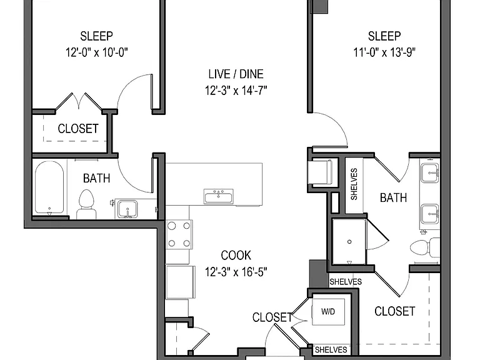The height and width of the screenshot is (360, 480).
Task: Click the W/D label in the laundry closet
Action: click(328, 312)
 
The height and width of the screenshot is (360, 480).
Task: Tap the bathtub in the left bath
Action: click(49, 187)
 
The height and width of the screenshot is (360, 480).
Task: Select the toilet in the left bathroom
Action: click(86, 204)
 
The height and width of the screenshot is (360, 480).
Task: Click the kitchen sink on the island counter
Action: click(219, 196)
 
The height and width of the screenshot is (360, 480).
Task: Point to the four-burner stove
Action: click(179, 234)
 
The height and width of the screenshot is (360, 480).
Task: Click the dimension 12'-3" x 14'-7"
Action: click(236, 90)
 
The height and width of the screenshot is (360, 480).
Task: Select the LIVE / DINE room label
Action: click(236, 74)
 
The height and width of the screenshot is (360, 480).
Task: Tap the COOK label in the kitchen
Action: click(236, 255)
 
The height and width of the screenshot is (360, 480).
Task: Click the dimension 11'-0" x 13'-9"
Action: click(384, 52)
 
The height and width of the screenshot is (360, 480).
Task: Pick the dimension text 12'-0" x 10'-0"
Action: click(97, 52)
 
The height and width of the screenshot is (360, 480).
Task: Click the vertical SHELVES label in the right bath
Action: click(354, 184)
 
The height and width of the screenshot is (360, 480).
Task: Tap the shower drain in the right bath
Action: click(349, 242)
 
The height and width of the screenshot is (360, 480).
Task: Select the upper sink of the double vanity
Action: click(430, 173)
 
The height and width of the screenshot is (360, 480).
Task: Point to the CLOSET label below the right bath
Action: click(395, 311)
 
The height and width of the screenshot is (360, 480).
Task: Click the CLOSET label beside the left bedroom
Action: click(78, 129)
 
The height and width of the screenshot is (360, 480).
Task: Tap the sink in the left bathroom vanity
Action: click(127, 208)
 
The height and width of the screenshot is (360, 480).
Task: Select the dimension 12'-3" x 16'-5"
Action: click(236, 271)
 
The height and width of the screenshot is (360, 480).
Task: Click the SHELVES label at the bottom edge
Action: click(331, 349)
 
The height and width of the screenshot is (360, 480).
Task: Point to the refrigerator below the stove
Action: click(180, 282)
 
